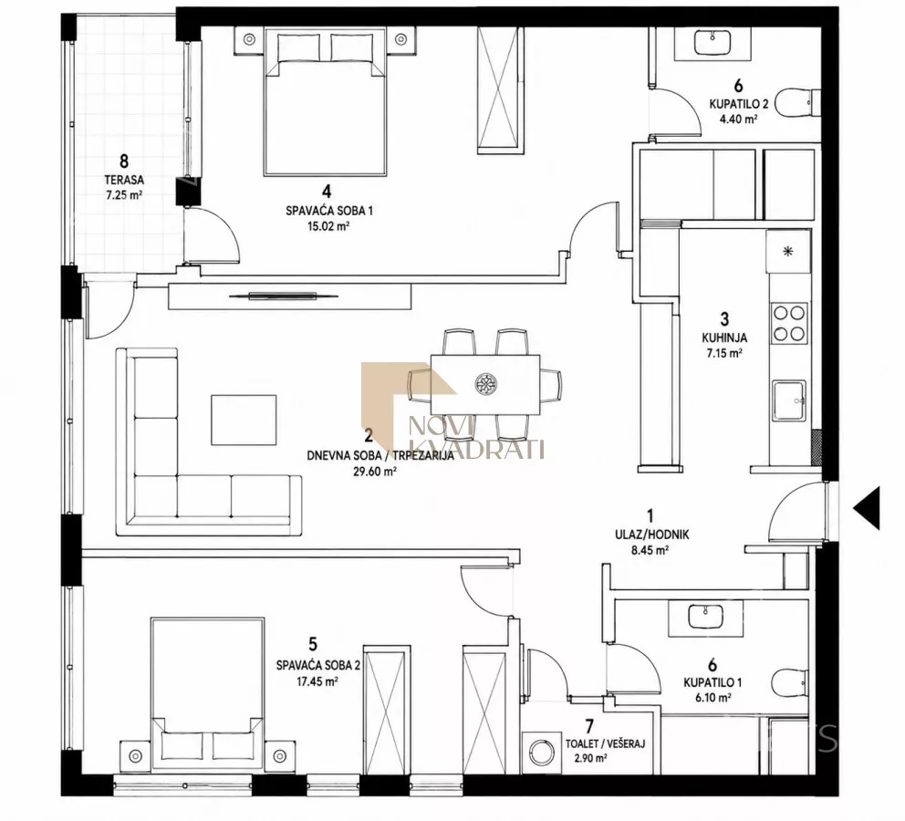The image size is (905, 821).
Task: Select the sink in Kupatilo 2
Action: [713, 42]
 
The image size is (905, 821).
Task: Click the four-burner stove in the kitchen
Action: [789, 323]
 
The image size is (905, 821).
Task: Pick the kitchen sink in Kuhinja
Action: [789, 401]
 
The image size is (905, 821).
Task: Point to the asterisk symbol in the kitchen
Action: [788, 251]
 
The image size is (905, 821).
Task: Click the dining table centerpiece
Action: [485, 384]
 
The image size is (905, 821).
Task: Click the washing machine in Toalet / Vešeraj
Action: [541, 753]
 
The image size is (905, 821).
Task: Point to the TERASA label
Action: [123, 180]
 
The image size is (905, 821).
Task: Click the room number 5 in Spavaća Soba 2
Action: [314, 644]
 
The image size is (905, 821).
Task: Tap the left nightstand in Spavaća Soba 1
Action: [249, 40]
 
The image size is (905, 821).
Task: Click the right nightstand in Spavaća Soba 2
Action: [279, 755]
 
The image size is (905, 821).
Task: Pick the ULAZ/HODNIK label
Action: [651, 535]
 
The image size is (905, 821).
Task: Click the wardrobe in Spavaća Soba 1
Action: [500, 90]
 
